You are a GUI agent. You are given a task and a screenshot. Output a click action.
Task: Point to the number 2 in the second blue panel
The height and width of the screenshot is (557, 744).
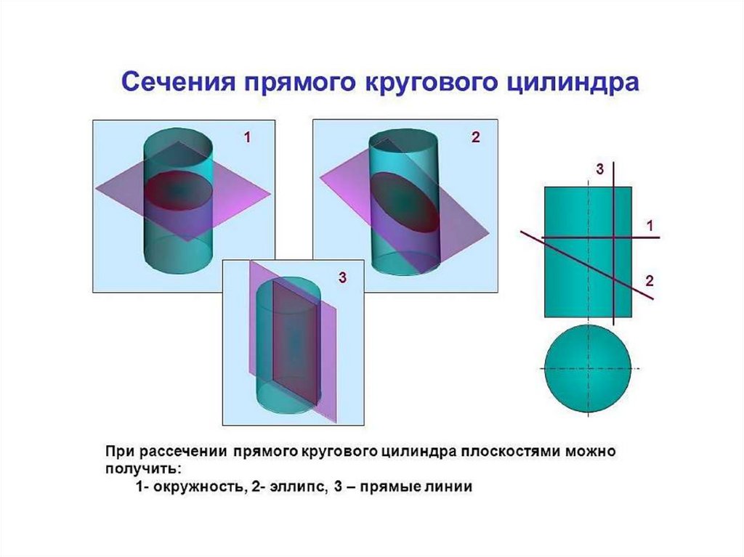click(x=476, y=138)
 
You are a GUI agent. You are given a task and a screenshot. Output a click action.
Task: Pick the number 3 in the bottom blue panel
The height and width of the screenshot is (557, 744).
click(x=341, y=277)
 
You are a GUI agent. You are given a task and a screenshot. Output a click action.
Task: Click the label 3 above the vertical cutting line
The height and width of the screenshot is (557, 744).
click(x=600, y=169)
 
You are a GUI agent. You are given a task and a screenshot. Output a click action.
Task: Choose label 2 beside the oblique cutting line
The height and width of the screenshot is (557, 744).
click(x=650, y=281)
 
